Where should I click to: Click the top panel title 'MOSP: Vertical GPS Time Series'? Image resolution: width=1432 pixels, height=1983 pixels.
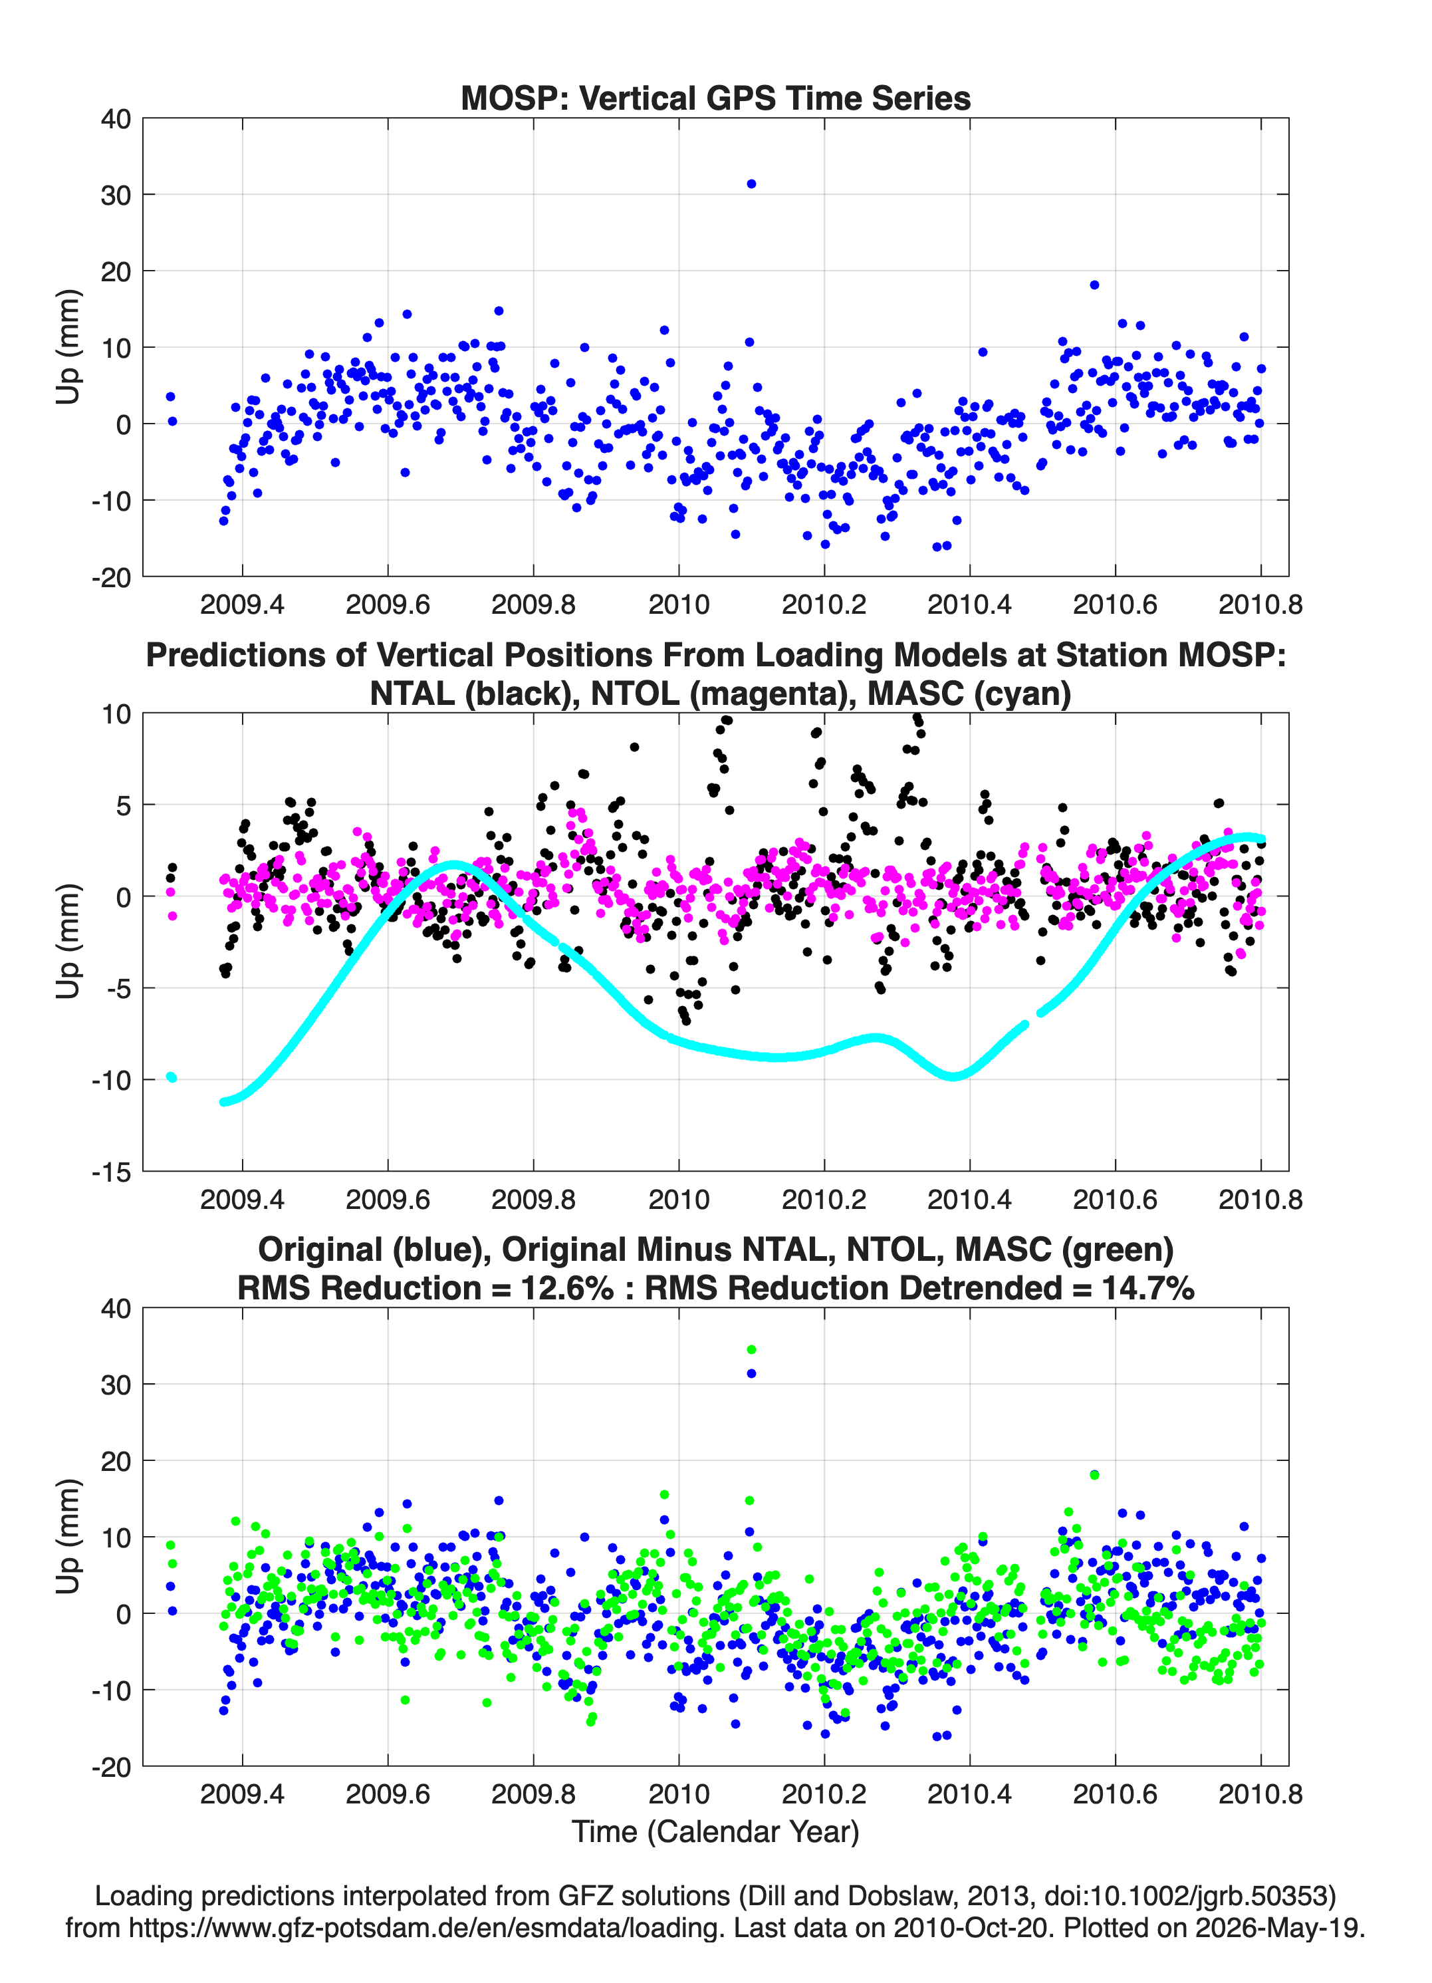(715, 98)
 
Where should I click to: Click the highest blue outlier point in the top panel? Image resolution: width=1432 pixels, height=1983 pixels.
(751, 184)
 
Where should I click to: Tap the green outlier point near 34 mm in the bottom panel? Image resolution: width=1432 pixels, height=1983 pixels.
(751, 1350)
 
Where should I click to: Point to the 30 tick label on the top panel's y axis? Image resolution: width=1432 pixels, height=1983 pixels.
(116, 195)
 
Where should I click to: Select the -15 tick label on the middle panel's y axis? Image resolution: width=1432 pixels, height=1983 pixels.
(111, 1172)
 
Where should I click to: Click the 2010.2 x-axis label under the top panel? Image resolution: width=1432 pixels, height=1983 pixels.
(824, 604)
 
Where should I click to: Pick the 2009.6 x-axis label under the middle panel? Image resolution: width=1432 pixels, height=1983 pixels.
(388, 1199)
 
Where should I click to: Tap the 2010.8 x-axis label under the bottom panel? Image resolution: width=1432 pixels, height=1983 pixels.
(1260, 1794)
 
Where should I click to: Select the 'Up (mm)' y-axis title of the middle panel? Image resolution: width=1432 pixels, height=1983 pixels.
(68, 942)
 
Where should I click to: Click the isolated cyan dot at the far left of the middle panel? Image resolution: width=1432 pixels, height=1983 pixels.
(172, 1077)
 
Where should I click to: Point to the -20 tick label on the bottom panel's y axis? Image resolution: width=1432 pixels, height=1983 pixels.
(111, 1767)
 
